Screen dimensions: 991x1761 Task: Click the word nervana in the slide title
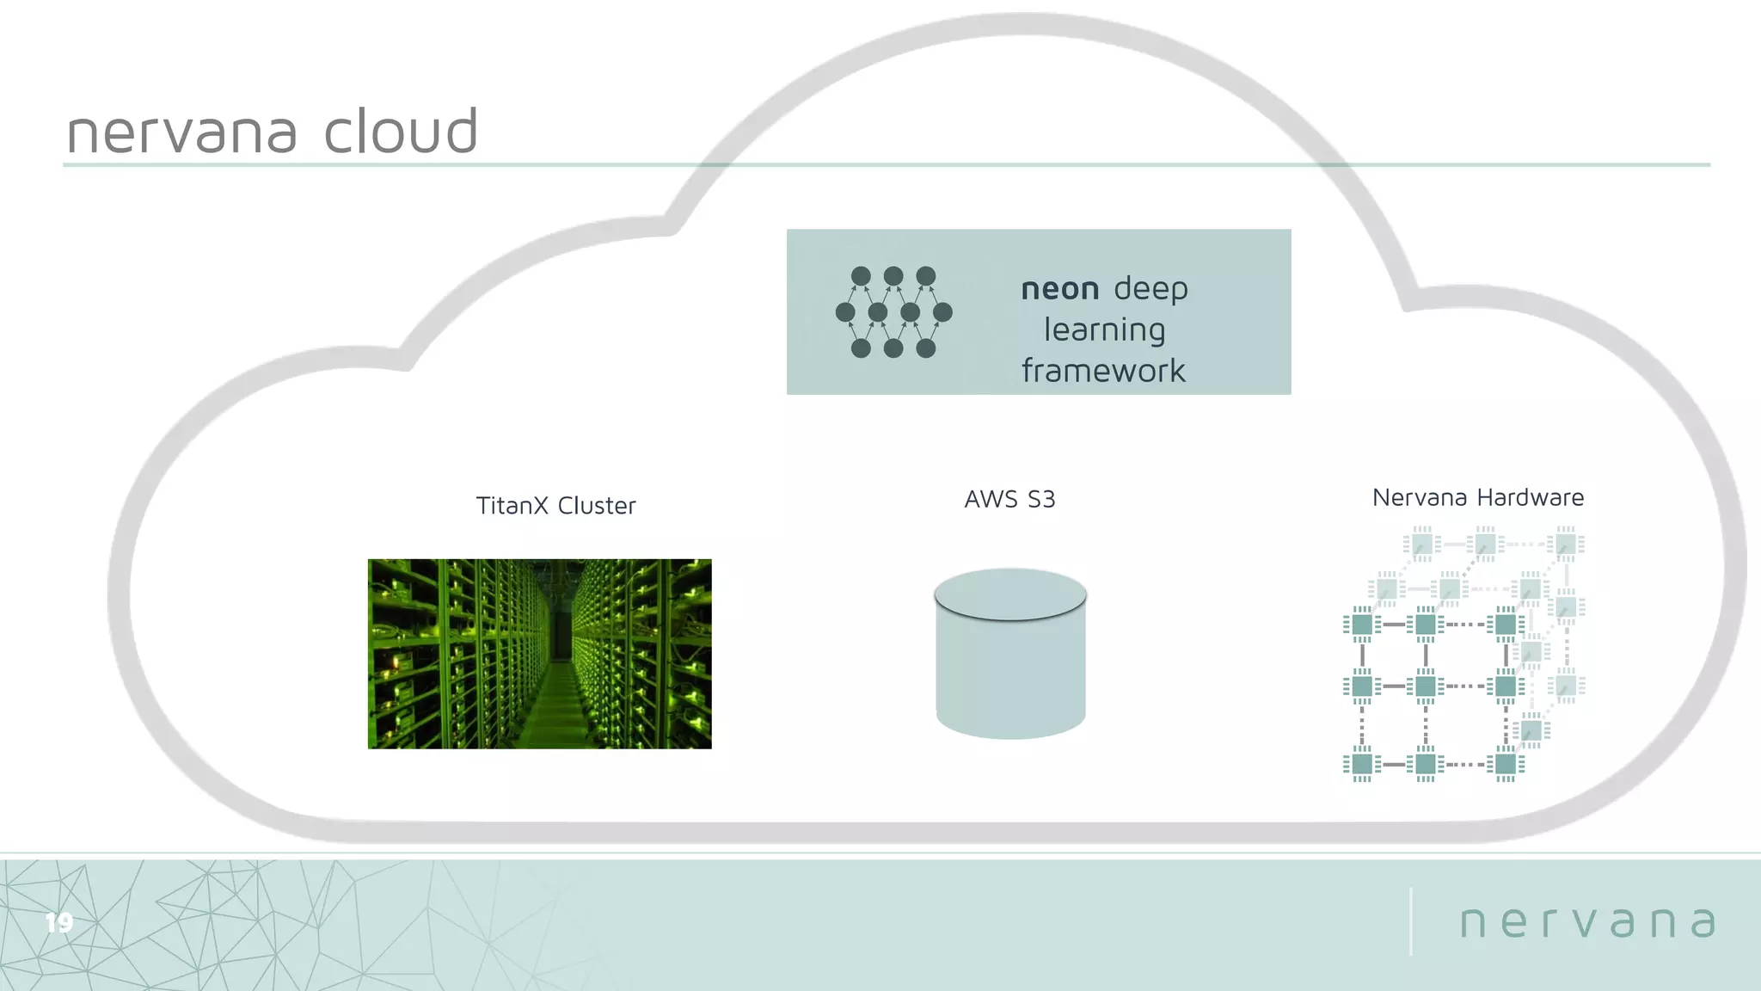point(181,132)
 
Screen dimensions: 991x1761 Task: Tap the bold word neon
point(1059,289)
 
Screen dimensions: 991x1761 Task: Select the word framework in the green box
point(1103,371)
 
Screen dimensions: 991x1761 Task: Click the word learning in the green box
point(1104,330)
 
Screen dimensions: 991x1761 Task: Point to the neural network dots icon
point(893,312)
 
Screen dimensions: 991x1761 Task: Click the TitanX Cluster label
point(555,506)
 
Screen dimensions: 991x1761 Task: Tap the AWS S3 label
point(1009,499)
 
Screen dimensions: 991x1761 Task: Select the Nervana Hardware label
point(1477,497)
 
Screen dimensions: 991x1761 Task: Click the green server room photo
point(539,654)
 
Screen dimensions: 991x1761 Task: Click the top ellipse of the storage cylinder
point(1010,594)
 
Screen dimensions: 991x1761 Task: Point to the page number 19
point(59,923)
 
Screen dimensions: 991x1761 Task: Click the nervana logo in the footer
point(1587,922)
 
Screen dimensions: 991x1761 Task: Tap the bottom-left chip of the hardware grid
point(1362,764)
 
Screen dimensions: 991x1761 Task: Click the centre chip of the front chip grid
point(1426,686)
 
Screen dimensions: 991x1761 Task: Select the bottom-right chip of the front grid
point(1506,764)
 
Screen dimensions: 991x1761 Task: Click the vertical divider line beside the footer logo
point(1411,921)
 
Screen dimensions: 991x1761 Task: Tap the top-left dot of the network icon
point(861,276)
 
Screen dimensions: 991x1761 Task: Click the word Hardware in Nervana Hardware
point(1530,497)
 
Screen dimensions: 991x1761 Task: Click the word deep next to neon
point(1150,289)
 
